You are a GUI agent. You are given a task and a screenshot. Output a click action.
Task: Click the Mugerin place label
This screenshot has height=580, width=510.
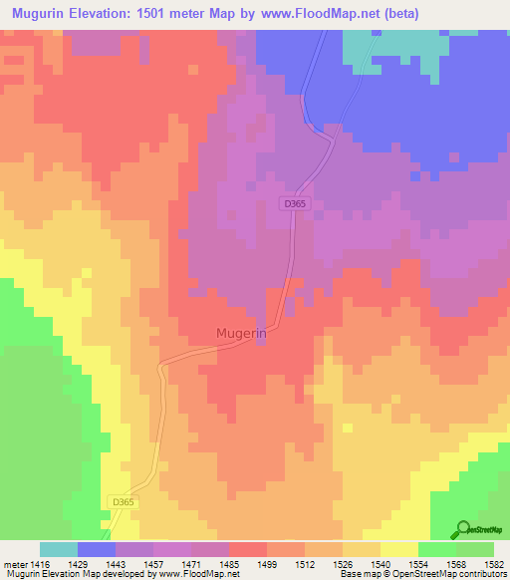click(241, 336)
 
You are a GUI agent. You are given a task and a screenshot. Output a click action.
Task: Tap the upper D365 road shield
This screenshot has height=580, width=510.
click(293, 203)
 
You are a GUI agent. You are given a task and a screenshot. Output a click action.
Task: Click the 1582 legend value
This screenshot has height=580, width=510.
click(494, 563)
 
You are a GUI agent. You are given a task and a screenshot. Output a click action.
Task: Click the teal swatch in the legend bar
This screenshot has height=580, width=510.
click(59, 549)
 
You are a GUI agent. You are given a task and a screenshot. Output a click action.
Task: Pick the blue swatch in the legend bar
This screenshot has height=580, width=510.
click(97, 549)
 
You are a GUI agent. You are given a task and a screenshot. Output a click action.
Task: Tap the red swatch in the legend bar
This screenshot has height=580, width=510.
click(248, 549)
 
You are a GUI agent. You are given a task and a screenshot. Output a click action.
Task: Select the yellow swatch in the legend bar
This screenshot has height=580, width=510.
click(399, 549)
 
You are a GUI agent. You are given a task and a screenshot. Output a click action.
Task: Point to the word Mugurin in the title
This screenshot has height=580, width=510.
click(41, 13)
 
